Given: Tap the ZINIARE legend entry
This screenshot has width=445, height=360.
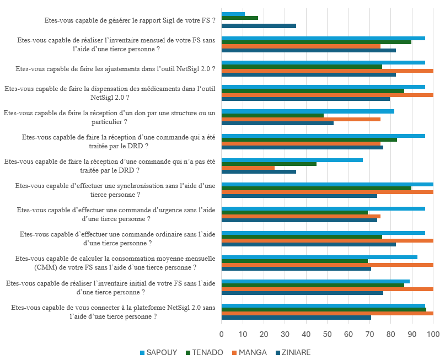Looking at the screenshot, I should point(296,352).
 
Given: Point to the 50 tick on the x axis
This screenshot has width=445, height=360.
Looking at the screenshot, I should point(327,334).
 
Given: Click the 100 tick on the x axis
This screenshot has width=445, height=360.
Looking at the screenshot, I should point(433,334).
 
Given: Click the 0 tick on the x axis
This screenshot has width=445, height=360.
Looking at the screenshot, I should point(222,334).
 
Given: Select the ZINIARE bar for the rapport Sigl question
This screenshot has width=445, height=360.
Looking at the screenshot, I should point(259,26).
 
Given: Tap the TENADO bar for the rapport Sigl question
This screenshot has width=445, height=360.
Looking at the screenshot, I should point(240,18).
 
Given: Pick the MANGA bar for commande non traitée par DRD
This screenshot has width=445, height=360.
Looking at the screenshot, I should point(248,168).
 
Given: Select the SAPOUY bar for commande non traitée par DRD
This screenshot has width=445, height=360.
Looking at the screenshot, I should point(292,160).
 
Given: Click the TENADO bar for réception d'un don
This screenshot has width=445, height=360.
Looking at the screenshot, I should point(272,115).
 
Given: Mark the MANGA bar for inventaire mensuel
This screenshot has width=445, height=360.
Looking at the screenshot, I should point(301,46).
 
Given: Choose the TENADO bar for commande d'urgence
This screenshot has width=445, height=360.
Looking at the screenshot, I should point(294,212).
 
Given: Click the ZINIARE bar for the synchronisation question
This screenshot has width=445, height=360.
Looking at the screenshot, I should point(299,196).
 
